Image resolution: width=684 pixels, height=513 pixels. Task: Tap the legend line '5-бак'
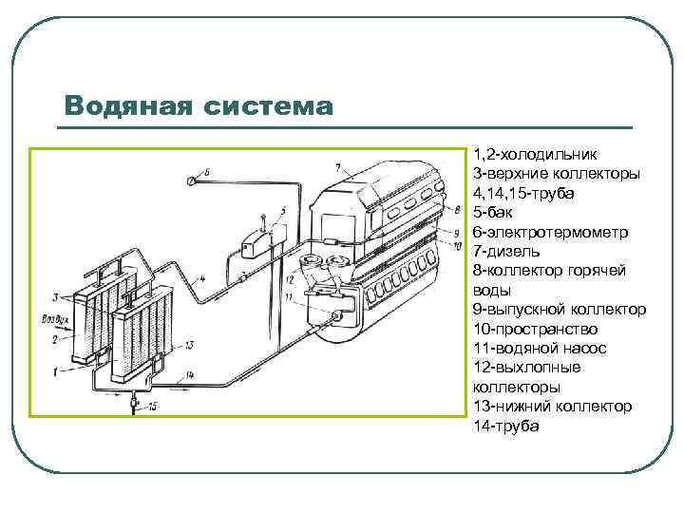492,212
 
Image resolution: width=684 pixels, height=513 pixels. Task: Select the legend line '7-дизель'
506,251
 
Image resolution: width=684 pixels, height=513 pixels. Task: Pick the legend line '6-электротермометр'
548,232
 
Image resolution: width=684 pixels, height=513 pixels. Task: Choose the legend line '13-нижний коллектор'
551,407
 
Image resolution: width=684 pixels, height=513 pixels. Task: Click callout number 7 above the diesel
336,167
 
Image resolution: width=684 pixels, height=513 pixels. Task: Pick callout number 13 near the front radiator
189,344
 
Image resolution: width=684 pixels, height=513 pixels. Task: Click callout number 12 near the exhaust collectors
289,279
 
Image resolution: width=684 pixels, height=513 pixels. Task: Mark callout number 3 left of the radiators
56,295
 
